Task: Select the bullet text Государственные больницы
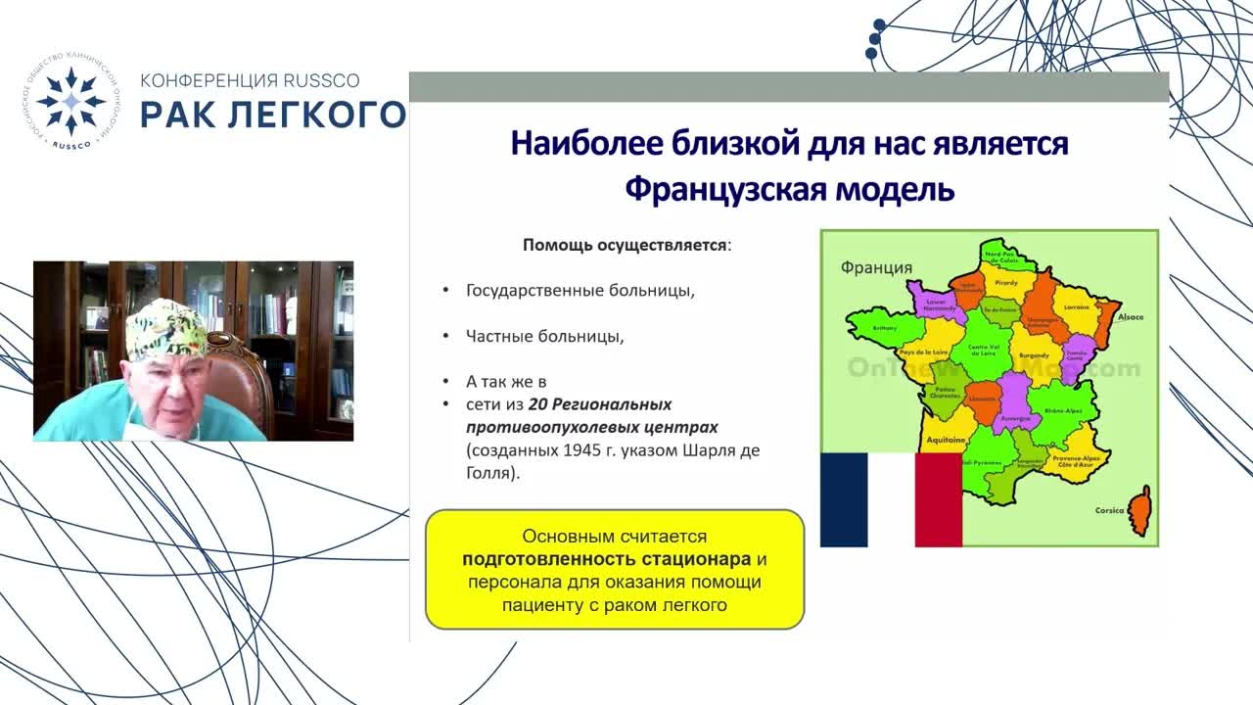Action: click(x=580, y=291)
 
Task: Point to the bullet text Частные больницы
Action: click(x=545, y=336)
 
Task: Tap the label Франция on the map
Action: click(x=876, y=267)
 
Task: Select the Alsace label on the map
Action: click(x=1131, y=317)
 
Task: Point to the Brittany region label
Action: click(x=884, y=329)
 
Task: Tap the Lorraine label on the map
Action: click(x=1075, y=306)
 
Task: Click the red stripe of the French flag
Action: click(x=938, y=500)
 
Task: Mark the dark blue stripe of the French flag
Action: click(x=844, y=500)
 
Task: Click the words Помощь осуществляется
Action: click(x=626, y=245)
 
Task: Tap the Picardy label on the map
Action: click(x=1007, y=282)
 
